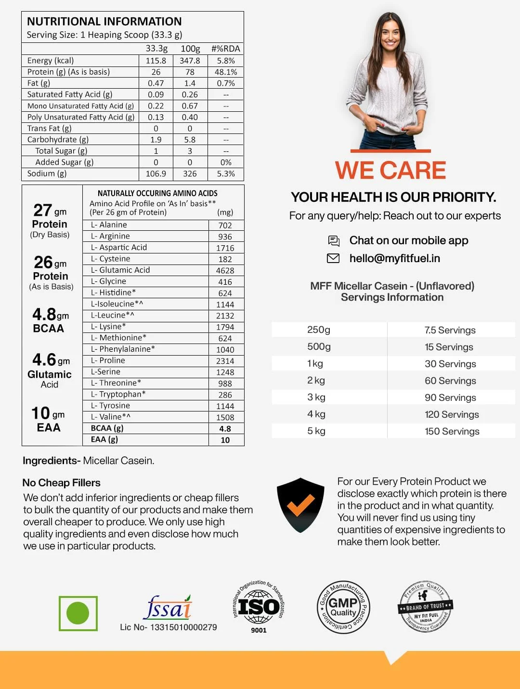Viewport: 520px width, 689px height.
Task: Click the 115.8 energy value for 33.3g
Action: [156, 61]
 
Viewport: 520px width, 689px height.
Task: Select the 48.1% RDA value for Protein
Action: [225, 72]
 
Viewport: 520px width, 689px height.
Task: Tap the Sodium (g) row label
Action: [47, 173]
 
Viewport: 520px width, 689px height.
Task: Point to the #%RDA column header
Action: [225, 49]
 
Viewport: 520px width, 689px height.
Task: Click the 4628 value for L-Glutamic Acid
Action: [225, 270]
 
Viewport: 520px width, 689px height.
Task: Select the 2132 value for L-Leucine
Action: [225, 316]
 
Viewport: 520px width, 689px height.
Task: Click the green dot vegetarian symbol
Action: [78, 613]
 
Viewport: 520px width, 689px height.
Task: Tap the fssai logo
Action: [168, 608]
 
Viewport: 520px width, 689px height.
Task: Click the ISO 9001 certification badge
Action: [259, 607]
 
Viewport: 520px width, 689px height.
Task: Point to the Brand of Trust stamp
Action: [426, 606]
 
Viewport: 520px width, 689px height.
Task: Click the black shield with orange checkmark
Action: [300, 505]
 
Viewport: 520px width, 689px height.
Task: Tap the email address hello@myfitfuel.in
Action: [394, 258]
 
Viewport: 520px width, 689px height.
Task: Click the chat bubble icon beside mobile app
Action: [334, 240]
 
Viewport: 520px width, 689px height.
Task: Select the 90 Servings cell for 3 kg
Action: [450, 397]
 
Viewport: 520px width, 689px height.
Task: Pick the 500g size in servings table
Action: [319, 347]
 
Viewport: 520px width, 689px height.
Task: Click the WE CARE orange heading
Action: [390, 171]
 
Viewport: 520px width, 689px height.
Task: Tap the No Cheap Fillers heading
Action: [61, 483]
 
